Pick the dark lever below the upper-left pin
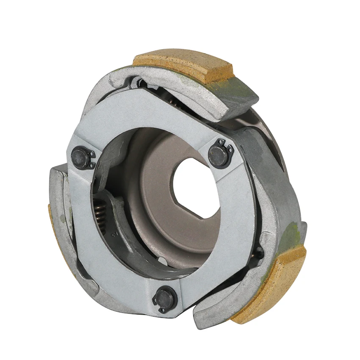tap(104, 178)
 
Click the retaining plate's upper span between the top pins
tap(148, 119)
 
